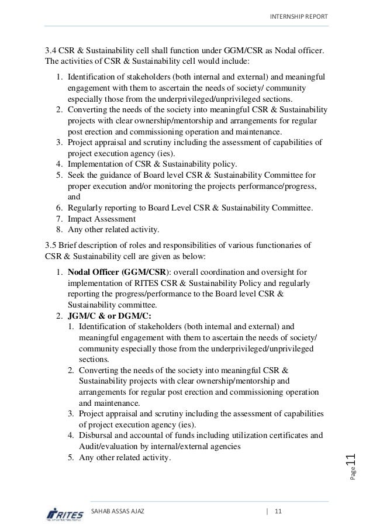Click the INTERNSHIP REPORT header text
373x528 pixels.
[299, 16]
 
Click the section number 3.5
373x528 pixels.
[51, 244]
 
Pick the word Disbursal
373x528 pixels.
[95, 435]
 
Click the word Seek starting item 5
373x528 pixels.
[77, 175]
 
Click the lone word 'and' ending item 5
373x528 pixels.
[74, 197]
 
